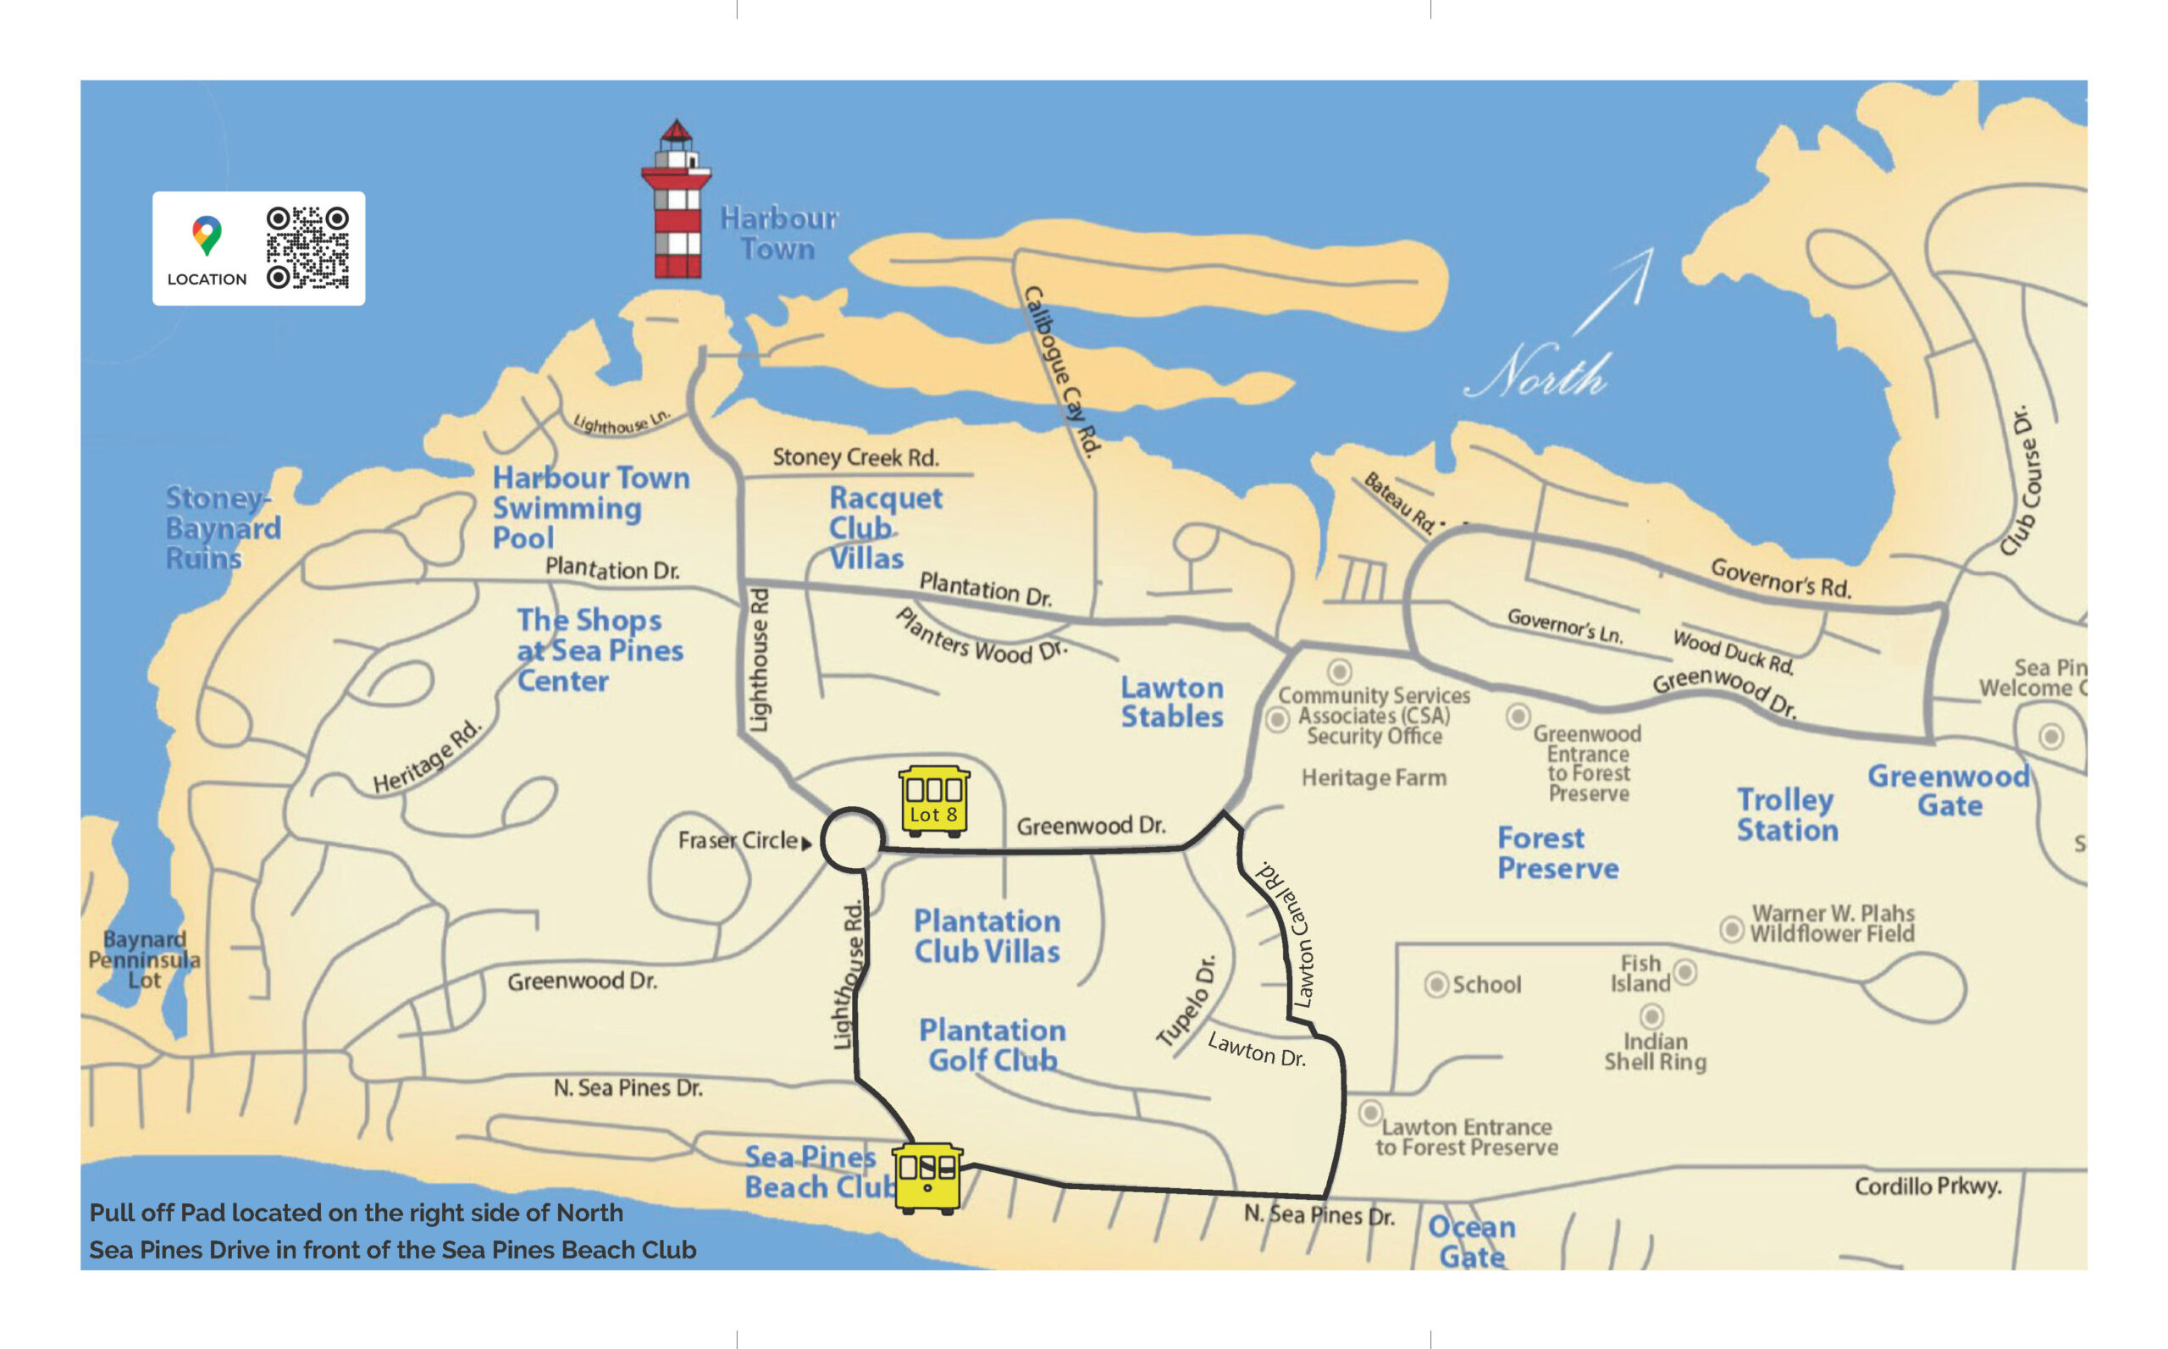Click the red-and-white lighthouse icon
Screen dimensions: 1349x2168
point(675,201)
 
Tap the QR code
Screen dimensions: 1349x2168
point(307,248)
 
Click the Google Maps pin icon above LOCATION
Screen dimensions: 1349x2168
point(207,235)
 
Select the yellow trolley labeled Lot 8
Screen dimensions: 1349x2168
point(933,801)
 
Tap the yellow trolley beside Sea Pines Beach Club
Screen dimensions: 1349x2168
point(928,1178)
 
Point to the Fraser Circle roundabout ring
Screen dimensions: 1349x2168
point(851,838)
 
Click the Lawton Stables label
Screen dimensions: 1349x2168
point(1171,702)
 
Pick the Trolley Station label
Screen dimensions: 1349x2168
point(1786,815)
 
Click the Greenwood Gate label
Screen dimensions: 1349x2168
point(1949,790)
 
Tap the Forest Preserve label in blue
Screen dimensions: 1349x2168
point(1557,853)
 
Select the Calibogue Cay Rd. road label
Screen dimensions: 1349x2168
point(1061,372)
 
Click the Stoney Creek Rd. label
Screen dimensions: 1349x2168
point(854,457)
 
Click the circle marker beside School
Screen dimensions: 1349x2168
point(1435,985)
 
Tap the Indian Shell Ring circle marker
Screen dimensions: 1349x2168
point(1651,1016)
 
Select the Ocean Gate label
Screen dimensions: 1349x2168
point(1471,1241)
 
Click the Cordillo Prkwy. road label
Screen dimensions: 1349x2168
point(1927,1186)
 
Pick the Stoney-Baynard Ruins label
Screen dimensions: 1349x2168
point(222,528)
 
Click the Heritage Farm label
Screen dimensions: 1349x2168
point(1373,778)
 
